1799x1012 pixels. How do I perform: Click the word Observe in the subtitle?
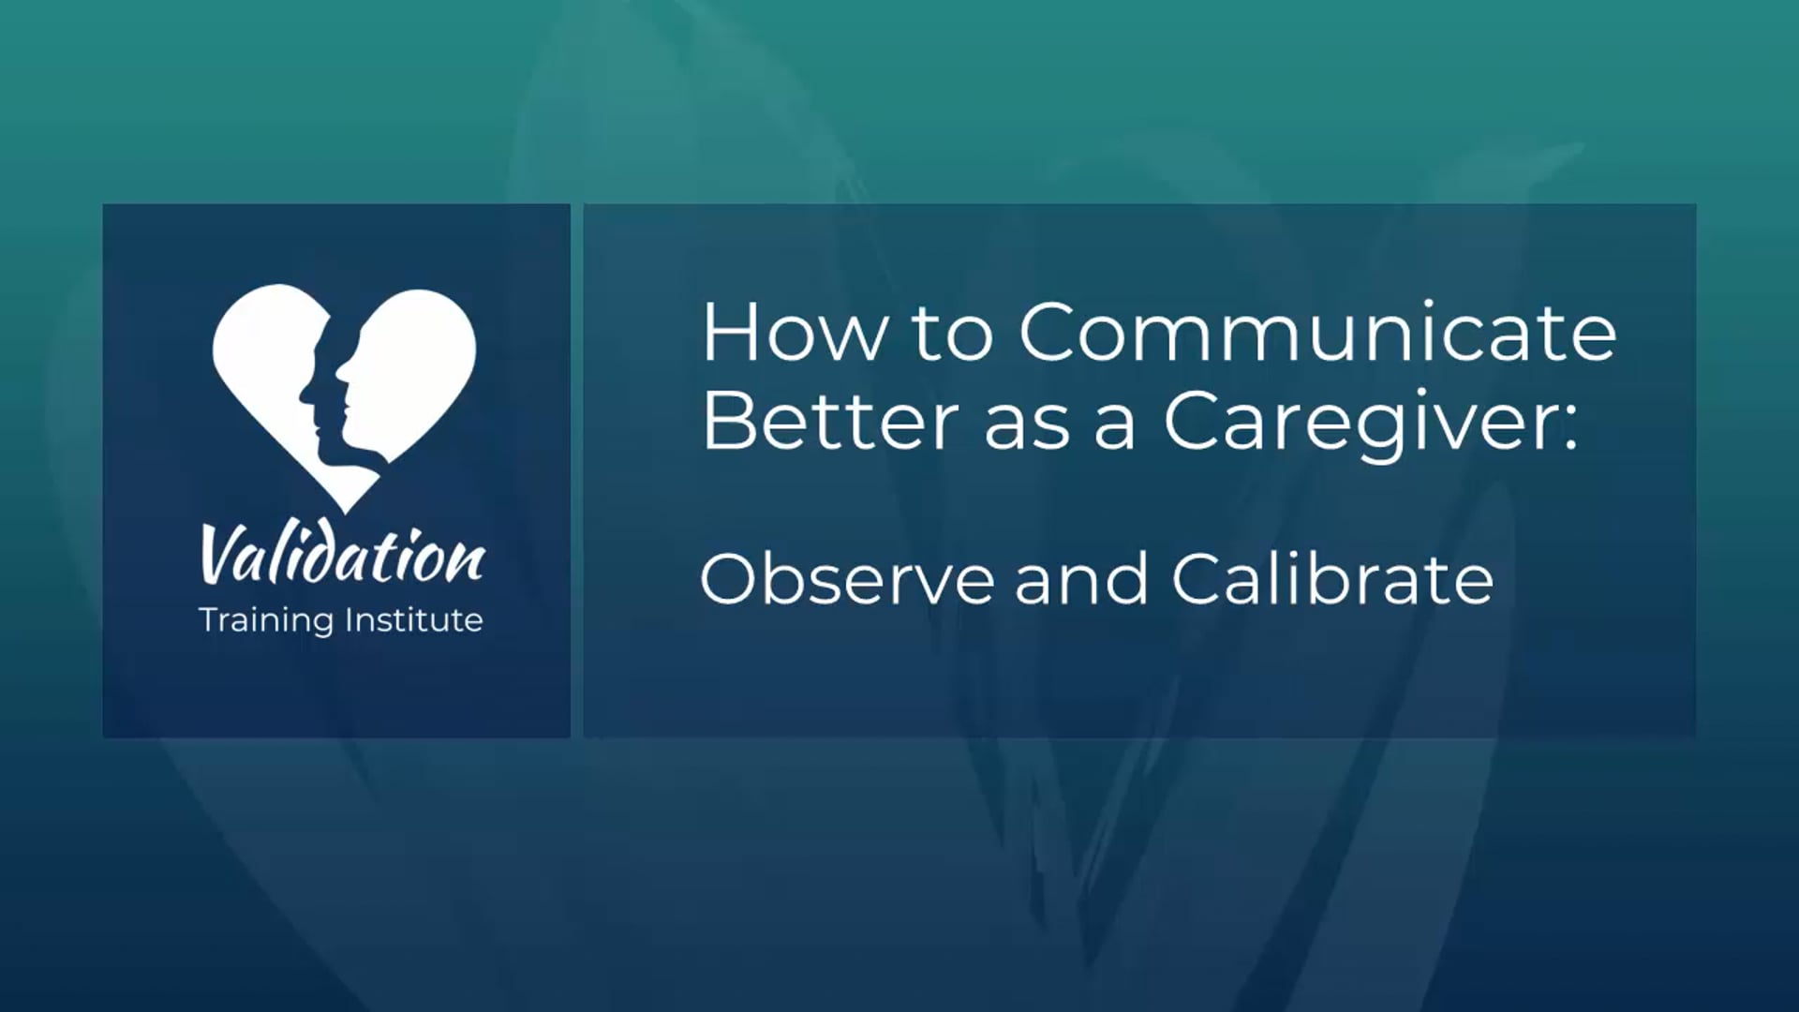pyautogui.click(x=846, y=578)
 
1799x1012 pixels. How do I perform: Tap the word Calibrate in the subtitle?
pyautogui.click(x=1331, y=578)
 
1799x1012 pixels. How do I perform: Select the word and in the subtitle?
pyautogui.click(x=1081, y=578)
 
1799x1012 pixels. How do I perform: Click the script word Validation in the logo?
pyautogui.click(x=342, y=557)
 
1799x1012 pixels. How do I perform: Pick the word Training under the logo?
pyautogui.click(x=266, y=620)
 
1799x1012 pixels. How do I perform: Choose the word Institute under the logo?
pyautogui.click(x=413, y=619)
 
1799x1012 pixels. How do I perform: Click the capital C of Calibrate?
pyautogui.click(x=1201, y=578)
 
